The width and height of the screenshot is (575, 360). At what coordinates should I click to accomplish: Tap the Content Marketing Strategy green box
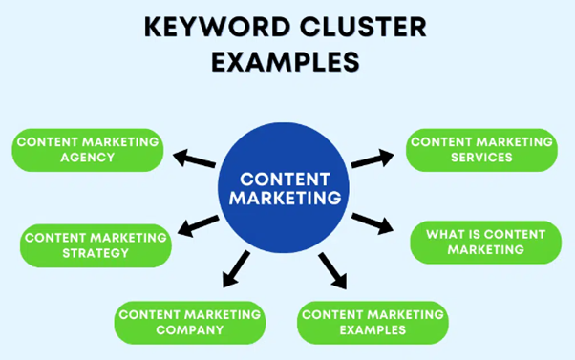pyautogui.click(x=96, y=245)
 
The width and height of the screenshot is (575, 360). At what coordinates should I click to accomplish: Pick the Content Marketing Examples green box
pyautogui.click(x=372, y=322)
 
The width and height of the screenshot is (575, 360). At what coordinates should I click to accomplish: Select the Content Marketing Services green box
pyautogui.click(x=480, y=150)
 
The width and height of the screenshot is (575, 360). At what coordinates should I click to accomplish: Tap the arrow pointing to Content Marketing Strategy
pyautogui.click(x=199, y=227)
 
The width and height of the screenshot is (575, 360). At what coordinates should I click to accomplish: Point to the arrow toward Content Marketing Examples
pyautogui.click(x=330, y=270)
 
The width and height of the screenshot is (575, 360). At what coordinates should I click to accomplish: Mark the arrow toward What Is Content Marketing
pyautogui.click(x=372, y=223)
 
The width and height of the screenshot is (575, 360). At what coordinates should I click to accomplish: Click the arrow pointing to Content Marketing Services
pyautogui.click(x=372, y=159)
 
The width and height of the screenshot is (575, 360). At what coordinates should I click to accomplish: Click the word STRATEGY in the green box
pyautogui.click(x=96, y=254)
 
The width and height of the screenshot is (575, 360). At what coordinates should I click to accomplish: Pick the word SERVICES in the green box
pyautogui.click(x=480, y=159)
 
